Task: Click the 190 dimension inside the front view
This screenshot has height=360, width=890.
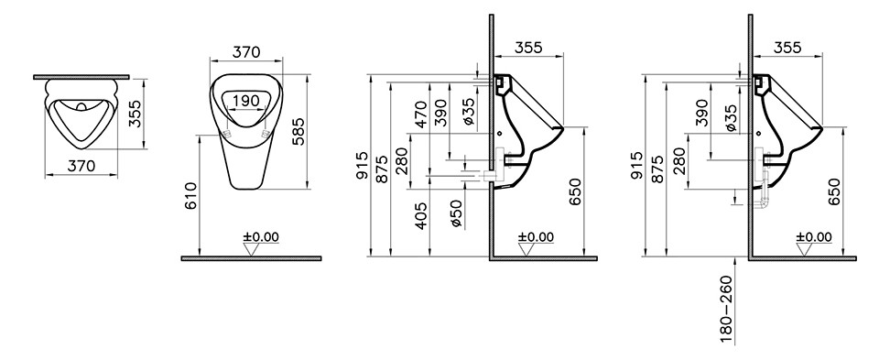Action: pyautogui.click(x=246, y=101)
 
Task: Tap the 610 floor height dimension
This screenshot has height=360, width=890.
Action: pyautogui.click(x=192, y=195)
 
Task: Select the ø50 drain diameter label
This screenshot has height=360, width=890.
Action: pyautogui.click(x=458, y=214)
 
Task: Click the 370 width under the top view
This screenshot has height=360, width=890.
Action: pyautogui.click(x=81, y=166)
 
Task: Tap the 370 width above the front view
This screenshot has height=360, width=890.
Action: pyautogui.click(x=246, y=51)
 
